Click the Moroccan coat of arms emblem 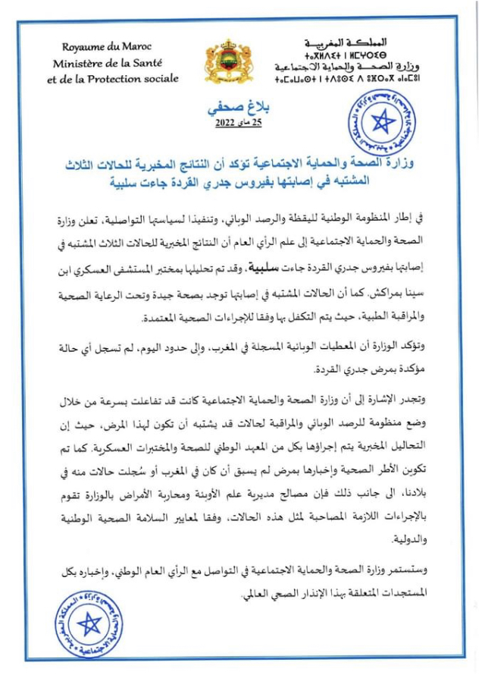[228, 61]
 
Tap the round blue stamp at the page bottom [89, 622]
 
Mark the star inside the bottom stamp [89, 623]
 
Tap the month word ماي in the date [242, 123]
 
